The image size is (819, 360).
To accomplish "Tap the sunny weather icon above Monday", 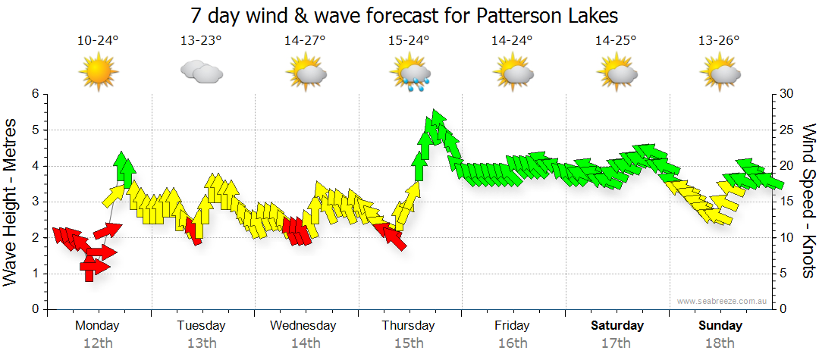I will click(98, 73).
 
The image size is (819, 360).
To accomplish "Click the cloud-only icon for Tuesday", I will click(201, 73).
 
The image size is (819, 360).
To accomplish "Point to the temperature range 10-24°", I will click(98, 40).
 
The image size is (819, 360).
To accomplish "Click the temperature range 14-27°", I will click(306, 40).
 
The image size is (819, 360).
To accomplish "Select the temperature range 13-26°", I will click(720, 40).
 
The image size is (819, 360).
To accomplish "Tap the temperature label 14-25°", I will click(616, 40).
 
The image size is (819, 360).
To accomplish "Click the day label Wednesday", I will click(303, 326).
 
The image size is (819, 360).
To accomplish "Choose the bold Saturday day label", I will click(617, 326).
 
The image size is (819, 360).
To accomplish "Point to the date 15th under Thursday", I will click(409, 343).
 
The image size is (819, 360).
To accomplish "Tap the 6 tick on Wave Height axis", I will click(34, 94).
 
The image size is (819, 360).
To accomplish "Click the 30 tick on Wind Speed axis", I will click(786, 94).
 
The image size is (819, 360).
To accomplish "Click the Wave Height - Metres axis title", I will click(12, 202).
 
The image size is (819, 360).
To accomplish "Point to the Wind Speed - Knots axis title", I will click(808, 202).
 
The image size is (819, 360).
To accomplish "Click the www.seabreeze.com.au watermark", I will click(723, 301).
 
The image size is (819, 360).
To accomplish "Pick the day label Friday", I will click(513, 326).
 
